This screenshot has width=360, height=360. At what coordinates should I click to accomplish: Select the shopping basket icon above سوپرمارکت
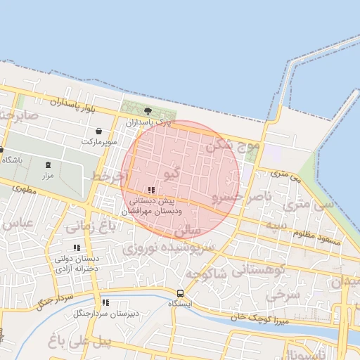(x=98, y=131)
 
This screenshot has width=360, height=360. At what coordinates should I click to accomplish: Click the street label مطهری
(x=23, y=189)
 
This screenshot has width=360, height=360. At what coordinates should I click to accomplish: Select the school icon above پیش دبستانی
(x=151, y=190)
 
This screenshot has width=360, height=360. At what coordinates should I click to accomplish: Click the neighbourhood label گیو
(x=171, y=172)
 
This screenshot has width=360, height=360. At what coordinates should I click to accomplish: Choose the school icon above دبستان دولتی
(x=77, y=247)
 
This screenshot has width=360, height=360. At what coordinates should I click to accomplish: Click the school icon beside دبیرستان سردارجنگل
(x=105, y=302)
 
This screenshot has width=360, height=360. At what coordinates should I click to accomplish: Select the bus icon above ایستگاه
(x=180, y=293)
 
